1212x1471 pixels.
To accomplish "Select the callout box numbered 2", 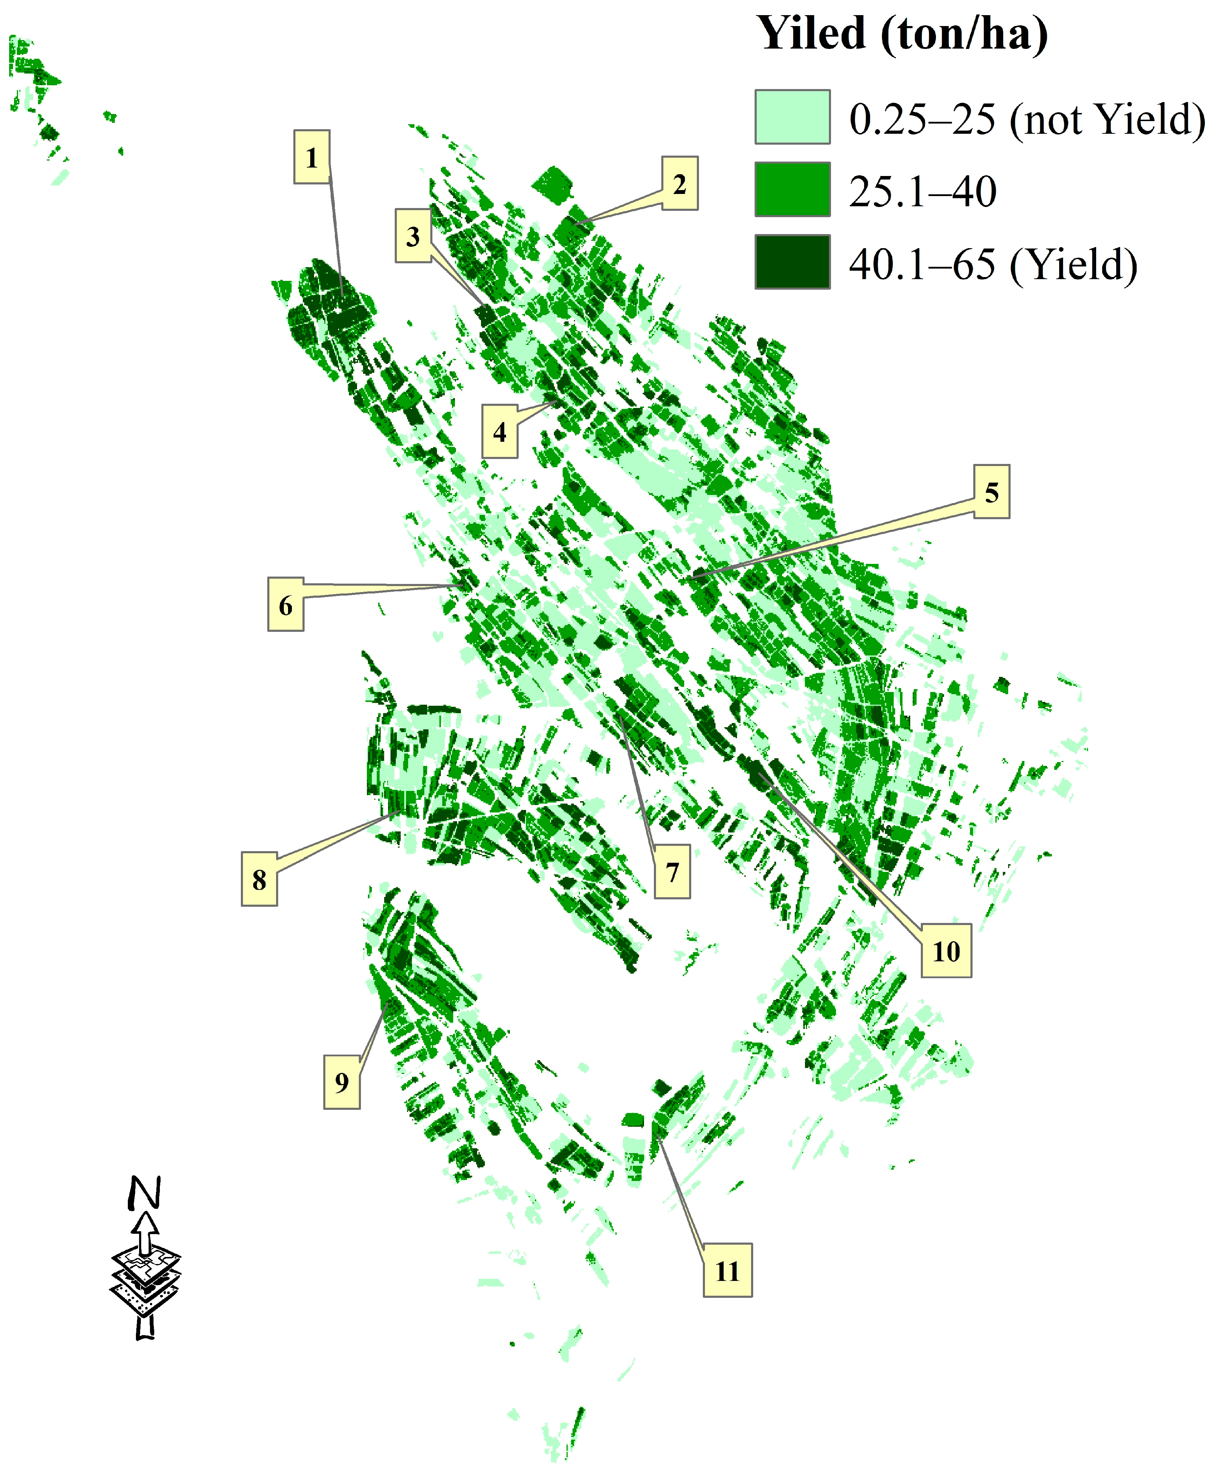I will tap(679, 183).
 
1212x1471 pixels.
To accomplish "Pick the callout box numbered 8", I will tap(259, 879).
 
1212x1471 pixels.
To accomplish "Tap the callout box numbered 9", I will tap(342, 1082).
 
